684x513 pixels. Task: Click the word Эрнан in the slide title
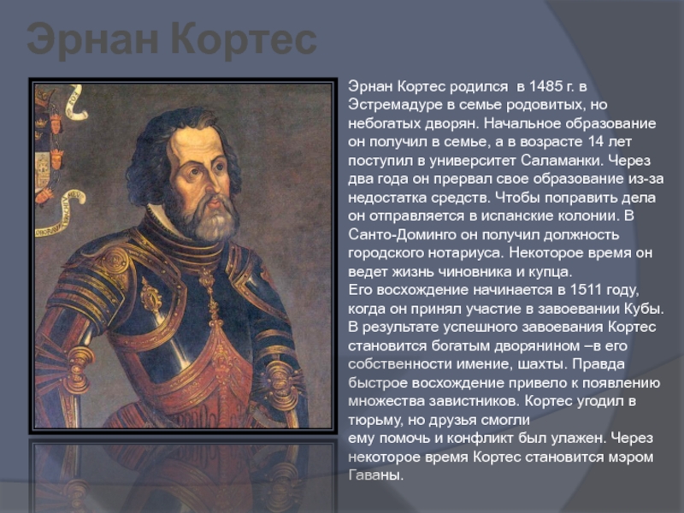(x=92, y=40)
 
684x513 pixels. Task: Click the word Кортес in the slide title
(x=243, y=40)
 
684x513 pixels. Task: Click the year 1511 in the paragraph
(x=587, y=290)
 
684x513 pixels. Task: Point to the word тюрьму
(x=375, y=420)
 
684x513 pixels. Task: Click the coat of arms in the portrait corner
(x=49, y=148)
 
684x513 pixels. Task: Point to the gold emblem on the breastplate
(x=151, y=298)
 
